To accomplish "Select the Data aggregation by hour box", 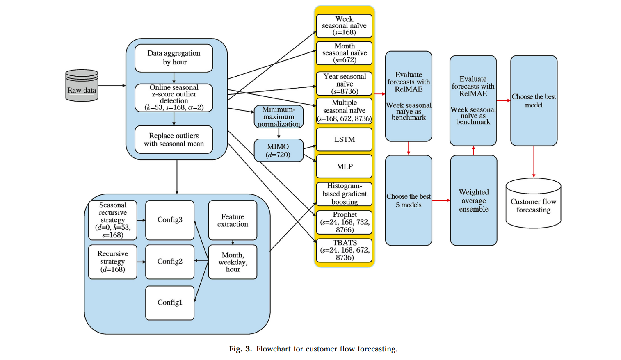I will click(x=174, y=58).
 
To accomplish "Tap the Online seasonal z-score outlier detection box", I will click(x=174, y=98).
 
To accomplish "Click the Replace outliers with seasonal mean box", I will click(x=174, y=139).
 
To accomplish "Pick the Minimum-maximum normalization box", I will click(x=279, y=117).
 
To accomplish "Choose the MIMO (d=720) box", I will click(x=279, y=150).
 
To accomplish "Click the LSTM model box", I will click(x=344, y=139).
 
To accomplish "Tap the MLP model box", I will click(x=344, y=166).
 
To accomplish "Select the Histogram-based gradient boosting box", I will click(x=344, y=194).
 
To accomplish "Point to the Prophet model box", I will click(x=344, y=222).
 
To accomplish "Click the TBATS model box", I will click(x=344, y=250).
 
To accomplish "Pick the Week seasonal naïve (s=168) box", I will click(x=344, y=26).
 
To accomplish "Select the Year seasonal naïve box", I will click(x=344, y=84).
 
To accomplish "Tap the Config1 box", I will click(x=170, y=303).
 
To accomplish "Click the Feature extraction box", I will click(x=233, y=220).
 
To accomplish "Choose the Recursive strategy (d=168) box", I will click(x=113, y=262).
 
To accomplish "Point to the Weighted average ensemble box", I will click(x=474, y=201).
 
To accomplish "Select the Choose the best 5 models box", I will click(x=409, y=201).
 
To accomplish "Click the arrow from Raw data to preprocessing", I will click(x=112, y=86).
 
